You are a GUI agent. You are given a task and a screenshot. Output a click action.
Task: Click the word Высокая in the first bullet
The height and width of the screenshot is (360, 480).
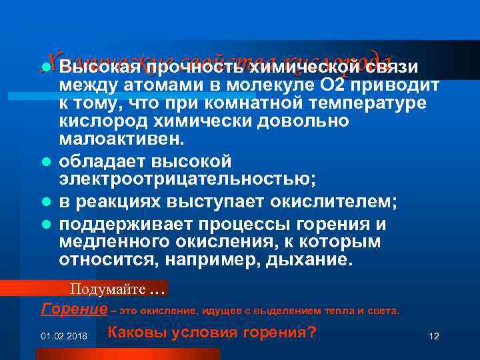click(101, 68)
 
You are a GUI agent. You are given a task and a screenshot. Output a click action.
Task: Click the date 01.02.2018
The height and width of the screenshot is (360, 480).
click(62, 335)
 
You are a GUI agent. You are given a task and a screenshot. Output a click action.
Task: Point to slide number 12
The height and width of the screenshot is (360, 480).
click(434, 335)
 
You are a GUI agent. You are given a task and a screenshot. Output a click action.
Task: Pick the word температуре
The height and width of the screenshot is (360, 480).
click(365, 104)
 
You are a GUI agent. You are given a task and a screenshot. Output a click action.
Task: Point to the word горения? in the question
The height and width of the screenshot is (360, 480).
click(275, 332)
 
